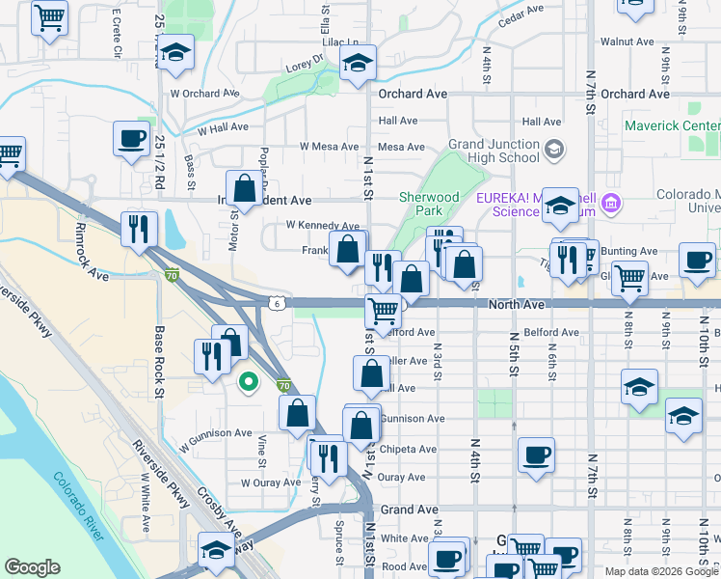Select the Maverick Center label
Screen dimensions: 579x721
[672, 125]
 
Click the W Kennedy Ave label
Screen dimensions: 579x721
[323, 225]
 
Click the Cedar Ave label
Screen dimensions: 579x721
[522, 13]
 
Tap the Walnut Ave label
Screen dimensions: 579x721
[627, 41]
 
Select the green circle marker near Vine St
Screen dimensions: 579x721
[248, 381]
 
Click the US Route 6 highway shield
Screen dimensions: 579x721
[276, 303]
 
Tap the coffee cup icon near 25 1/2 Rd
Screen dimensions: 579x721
[130, 138]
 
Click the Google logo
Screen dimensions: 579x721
[32, 567]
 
